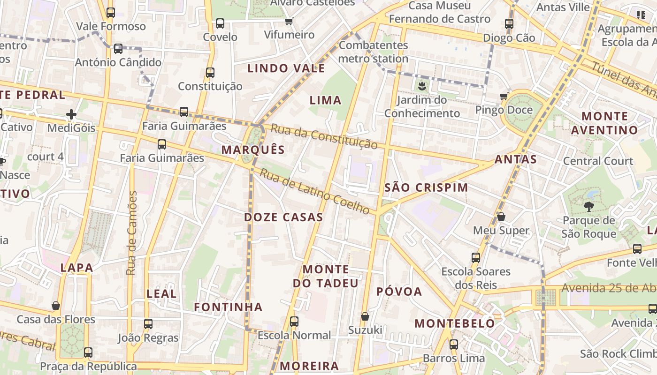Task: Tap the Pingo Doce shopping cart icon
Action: tap(504, 97)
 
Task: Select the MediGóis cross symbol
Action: tap(71, 114)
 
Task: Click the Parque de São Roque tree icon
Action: tap(588, 206)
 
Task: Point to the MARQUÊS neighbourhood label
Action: tap(253, 150)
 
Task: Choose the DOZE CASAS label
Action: tap(283, 217)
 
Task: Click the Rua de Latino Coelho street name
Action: tap(315, 192)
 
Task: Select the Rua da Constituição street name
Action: tap(324, 136)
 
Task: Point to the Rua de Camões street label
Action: tap(131, 233)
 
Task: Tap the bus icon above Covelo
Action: tap(220, 23)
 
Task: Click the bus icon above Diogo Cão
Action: tap(509, 23)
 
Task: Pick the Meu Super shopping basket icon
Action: tap(501, 217)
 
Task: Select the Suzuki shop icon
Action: tap(365, 316)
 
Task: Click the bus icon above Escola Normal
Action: tap(294, 322)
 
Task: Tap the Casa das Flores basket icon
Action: tap(56, 306)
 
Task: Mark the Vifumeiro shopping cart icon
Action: tap(289, 21)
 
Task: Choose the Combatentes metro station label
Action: tap(373, 52)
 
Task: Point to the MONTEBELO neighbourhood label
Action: tap(454, 323)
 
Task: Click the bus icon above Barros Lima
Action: tap(454, 345)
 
